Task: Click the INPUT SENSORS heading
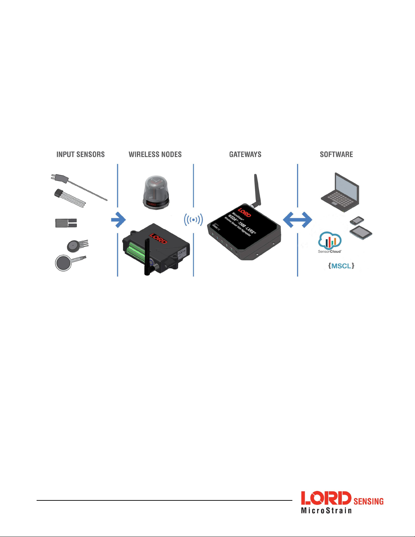click(x=81, y=154)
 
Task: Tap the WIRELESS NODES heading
click(x=155, y=154)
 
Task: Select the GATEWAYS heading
click(x=245, y=154)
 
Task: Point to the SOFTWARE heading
click(x=336, y=154)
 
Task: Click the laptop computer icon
click(x=340, y=192)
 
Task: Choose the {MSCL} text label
click(x=341, y=266)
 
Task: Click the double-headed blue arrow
click(x=297, y=220)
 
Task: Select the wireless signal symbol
click(x=193, y=220)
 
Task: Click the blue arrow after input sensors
click(x=119, y=220)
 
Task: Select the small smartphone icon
click(x=357, y=221)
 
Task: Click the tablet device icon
click(x=361, y=233)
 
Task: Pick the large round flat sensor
click(x=64, y=263)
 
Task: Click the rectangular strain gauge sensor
click(x=66, y=223)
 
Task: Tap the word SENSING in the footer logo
click(x=368, y=501)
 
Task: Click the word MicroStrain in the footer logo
click(x=326, y=510)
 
